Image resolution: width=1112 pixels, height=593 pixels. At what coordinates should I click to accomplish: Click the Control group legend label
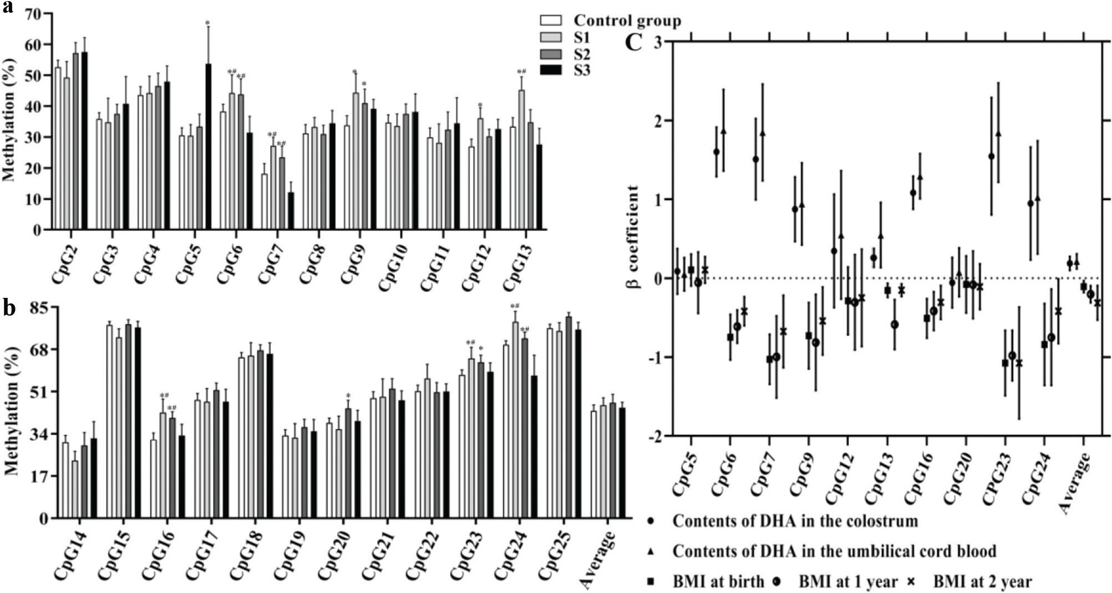(627, 21)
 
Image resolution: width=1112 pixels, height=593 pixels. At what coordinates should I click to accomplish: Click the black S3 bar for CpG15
(137, 423)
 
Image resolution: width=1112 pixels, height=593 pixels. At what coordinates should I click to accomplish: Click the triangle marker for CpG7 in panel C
(763, 133)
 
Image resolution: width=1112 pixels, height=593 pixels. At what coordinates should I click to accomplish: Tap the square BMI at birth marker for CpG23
(1005, 363)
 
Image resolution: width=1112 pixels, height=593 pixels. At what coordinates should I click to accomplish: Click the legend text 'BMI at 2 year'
(982, 582)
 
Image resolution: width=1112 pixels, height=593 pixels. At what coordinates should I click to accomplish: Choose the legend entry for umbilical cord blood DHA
(834, 551)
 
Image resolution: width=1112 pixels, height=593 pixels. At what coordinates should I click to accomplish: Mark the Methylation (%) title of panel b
(12, 412)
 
